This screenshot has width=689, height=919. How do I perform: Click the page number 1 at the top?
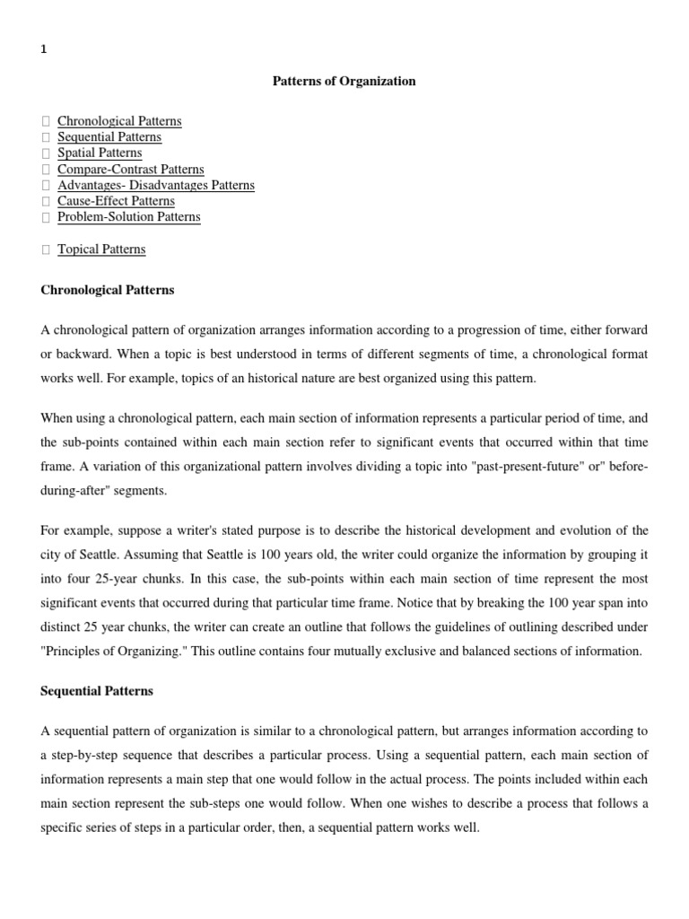pyautogui.click(x=44, y=50)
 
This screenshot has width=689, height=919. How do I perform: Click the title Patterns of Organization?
pyautogui.click(x=344, y=82)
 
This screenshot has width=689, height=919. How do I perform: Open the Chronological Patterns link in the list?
pyautogui.click(x=119, y=121)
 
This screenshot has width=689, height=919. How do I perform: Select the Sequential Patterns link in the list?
pyautogui.click(x=109, y=137)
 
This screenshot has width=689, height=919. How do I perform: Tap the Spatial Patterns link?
pyautogui.click(x=100, y=153)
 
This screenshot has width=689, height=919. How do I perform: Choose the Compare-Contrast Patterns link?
pyautogui.click(x=130, y=170)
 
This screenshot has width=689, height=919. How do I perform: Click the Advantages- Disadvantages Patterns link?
pyautogui.click(x=156, y=186)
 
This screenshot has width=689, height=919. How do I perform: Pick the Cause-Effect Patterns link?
pyautogui.click(x=116, y=201)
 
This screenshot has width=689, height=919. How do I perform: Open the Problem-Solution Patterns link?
pyautogui.click(x=129, y=217)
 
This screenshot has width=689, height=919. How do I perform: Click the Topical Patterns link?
pyautogui.click(x=101, y=249)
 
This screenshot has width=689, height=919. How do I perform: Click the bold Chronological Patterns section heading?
pyautogui.click(x=108, y=291)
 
